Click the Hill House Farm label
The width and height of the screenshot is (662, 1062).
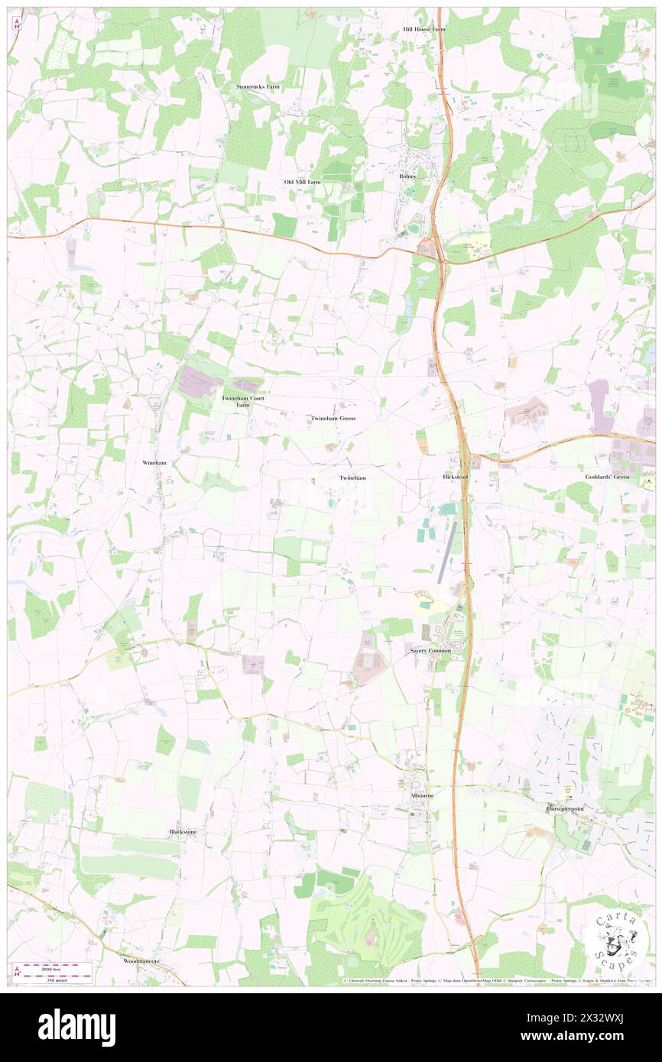(424, 29)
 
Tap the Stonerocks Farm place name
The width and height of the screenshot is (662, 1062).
(258, 87)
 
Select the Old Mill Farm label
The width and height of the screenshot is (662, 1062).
(303, 182)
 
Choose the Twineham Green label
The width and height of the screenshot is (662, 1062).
(333, 419)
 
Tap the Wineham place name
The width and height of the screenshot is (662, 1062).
(154, 463)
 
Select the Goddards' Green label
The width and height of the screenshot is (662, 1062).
(612, 477)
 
